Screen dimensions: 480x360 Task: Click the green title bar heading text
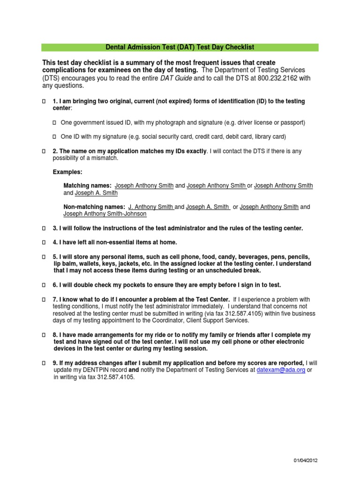coord(180,47)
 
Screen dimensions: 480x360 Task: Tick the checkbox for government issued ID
coord(54,123)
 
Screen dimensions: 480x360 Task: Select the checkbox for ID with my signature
coord(54,137)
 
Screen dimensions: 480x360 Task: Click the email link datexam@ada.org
coord(280,370)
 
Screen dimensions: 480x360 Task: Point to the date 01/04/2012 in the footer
coord(302,461)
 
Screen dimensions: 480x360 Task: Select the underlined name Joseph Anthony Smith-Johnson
coord(105,214)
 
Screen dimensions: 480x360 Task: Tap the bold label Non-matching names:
coord(94,207)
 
